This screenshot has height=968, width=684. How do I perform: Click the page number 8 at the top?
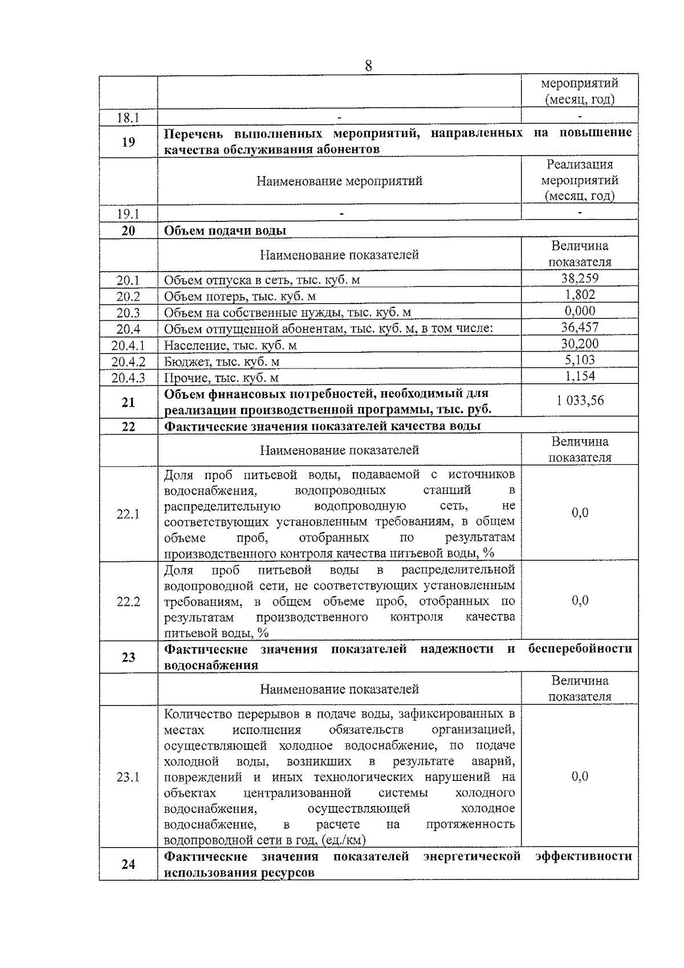coord(368,66)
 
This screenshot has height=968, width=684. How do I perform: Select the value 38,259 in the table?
coord(580,278)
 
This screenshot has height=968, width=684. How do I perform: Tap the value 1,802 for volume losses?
coord(580,294)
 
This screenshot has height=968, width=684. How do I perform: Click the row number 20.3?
coord(128,313)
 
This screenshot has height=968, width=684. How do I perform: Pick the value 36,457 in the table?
coord(580,327)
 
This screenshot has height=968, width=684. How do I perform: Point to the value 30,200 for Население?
coord(580,343)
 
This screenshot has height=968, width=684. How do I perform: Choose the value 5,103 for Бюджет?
coord(580,360)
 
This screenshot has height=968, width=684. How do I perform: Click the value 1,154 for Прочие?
coord(580,376)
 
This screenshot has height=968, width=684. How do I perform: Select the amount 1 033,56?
coord(580,400)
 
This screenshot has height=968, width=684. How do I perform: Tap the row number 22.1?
coord(128,514)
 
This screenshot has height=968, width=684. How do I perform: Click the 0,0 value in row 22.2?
coord(580,600)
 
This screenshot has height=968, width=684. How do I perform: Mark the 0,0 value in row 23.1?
coord(580,776)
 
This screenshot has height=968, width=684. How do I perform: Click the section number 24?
coord(128,864)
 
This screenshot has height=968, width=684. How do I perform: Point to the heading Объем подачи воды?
coord(225,230)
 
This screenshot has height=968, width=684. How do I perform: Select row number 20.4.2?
coord(128,362)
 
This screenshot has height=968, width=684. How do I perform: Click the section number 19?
coord(128,141)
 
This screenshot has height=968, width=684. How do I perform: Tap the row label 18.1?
coord(128,118)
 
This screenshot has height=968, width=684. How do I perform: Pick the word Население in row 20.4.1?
coord(192,346)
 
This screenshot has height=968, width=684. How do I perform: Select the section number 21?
coord(128,402)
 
